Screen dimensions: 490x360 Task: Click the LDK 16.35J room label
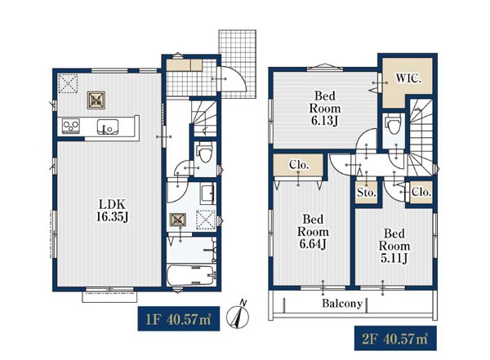point(113,211)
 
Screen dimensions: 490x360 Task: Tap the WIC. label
point(409,78)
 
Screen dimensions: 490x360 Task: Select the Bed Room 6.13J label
point(325,108)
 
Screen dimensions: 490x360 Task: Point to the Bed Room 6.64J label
point(313,232)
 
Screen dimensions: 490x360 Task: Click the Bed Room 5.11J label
point(394,246)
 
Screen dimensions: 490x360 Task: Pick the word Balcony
point(342,303)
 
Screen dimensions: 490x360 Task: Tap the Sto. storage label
point(366,193)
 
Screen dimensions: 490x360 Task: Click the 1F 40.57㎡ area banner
point(178,318)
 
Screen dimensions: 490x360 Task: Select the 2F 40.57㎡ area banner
point(395,338)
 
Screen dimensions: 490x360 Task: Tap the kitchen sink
point(108,127)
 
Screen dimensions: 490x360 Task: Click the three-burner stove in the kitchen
point(71,126)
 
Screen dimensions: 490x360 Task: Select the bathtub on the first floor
point(191,275)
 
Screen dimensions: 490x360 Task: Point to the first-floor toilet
point(204,151)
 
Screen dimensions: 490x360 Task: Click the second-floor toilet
point(393,123)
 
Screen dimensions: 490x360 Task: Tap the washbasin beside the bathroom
point(207,194)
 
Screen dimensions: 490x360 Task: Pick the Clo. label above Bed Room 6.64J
point(299,165)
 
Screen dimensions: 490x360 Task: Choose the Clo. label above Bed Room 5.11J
point(421,192)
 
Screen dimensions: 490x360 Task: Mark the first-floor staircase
point(203,118)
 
